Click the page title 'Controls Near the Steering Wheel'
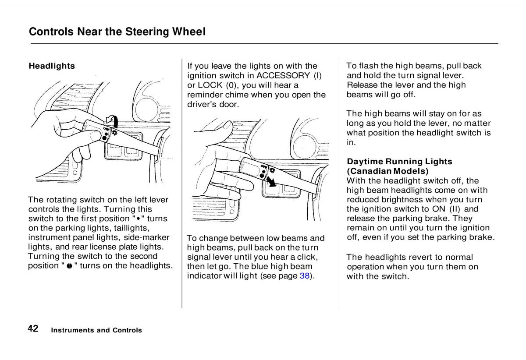tap(117, 32)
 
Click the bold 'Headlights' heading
tap(52, 66)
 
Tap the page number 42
tap(33, 329)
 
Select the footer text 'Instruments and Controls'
tap(96, 330)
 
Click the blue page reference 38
tap(305, 276)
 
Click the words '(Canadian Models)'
tap(387, 171)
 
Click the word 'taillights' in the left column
tap(130, 228)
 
